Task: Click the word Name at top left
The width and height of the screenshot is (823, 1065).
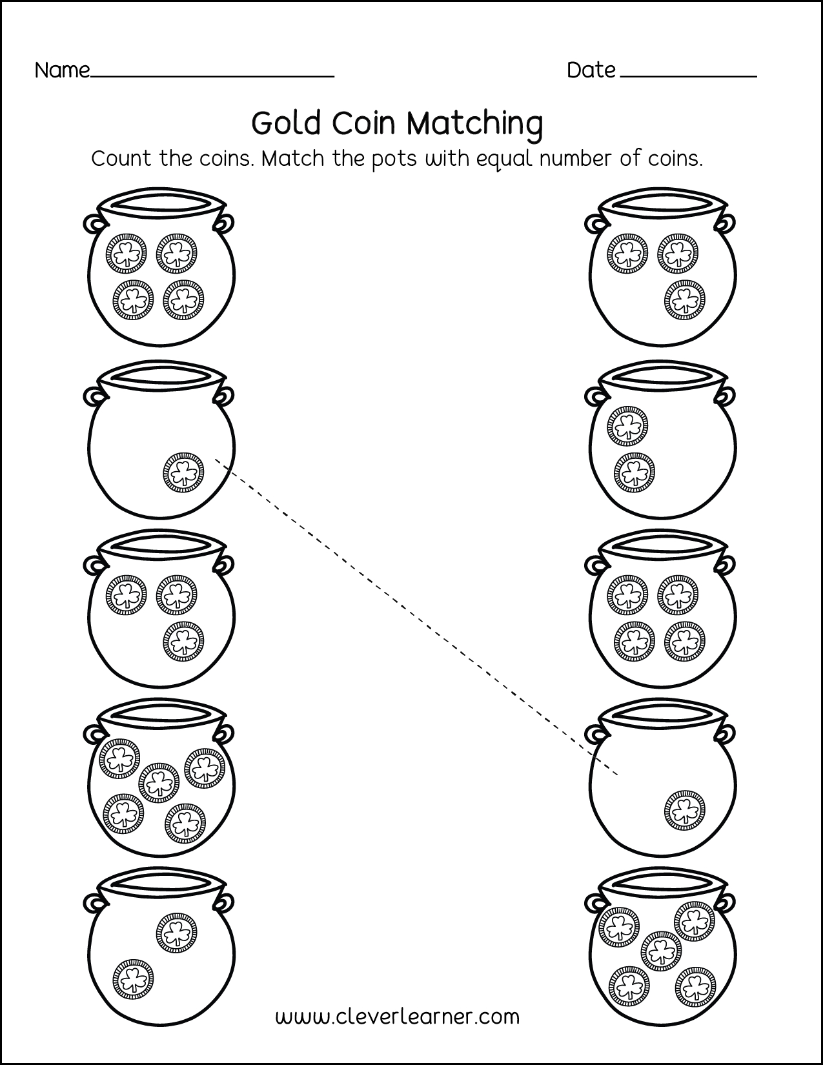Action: coord(62,70)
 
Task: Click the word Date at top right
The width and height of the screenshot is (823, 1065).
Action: coord(591,70)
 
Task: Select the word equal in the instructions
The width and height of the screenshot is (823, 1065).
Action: coord(503,159)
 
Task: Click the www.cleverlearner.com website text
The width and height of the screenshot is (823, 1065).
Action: coord(398,1017)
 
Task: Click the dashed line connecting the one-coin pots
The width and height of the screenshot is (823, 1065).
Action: coord(416,617)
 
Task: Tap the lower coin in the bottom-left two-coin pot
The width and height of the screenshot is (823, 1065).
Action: coord(134,979)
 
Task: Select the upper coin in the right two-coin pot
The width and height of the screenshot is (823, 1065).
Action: coord(627,425)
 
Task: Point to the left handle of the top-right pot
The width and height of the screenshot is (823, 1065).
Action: coord(595,223)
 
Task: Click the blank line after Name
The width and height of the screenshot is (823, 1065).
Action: coord(213,76)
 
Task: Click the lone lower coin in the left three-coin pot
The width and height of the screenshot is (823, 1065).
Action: coord(183,642)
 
